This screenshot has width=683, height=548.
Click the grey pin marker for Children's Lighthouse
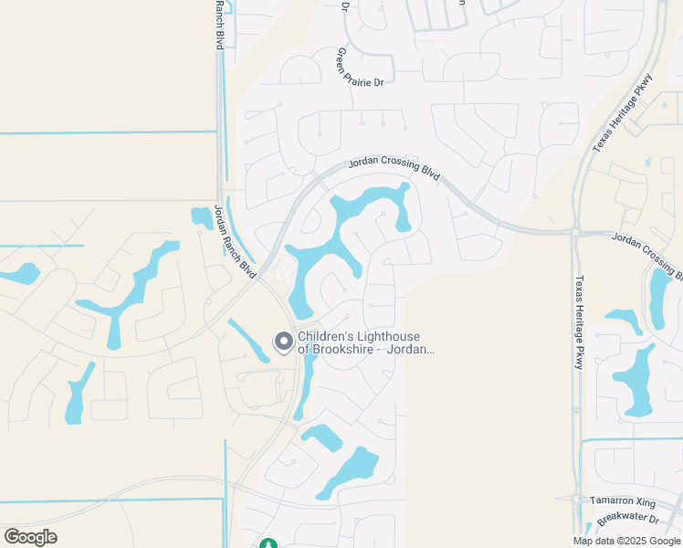click(283, 342)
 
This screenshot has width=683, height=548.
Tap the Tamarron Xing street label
click(622, 501)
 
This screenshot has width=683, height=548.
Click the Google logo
click(30, 537)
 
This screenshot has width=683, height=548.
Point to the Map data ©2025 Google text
click(626, 541)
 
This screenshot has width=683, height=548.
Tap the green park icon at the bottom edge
click(268, 543)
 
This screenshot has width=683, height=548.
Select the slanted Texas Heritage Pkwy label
click(624, 112)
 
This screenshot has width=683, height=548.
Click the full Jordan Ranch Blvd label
click(235, 242)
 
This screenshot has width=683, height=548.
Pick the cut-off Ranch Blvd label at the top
click(219, 25)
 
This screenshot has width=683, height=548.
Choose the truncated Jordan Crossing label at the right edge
click(646, 253)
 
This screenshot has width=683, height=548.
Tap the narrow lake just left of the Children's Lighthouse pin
click(247, 340)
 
